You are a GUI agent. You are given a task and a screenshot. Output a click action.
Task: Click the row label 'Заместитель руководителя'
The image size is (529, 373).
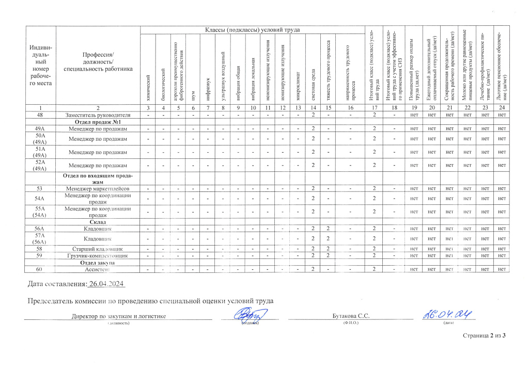98,114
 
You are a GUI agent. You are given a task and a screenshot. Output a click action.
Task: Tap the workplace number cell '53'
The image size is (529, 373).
39,189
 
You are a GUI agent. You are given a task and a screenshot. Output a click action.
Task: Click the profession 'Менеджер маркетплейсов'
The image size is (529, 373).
98,189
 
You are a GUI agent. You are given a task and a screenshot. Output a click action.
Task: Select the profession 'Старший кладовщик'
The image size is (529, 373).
98,249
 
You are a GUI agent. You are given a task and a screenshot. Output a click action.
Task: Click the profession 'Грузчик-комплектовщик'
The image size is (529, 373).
98,256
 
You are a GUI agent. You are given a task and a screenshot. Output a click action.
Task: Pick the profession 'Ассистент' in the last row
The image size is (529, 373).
98,269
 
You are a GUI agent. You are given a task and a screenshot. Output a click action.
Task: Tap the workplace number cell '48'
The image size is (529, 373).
39,114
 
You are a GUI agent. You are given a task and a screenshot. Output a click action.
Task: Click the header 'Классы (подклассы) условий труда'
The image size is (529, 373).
253,29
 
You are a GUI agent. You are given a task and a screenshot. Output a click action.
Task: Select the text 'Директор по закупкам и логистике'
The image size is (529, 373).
118,316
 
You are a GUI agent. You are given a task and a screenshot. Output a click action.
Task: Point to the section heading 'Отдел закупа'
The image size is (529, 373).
98,263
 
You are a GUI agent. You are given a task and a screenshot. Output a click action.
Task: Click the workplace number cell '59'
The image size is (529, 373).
39,256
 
